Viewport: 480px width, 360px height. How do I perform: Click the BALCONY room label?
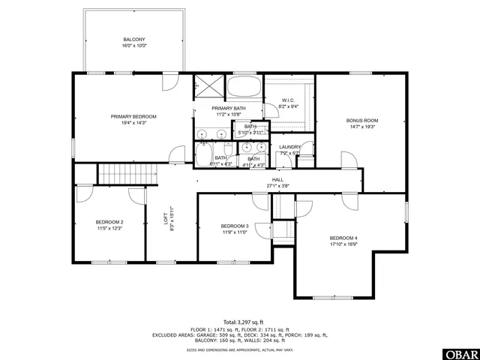[x=134, y=39]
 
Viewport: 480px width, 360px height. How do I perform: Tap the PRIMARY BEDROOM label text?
[x=133, y=116]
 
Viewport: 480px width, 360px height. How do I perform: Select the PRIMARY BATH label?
[x=228, y=109]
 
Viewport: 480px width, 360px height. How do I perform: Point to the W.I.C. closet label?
[x=288, y=100]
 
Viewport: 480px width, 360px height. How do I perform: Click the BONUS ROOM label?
[x=361, y=120]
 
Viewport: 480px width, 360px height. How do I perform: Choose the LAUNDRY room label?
[x=289, y=147]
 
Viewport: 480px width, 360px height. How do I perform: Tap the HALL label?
[x=277, y=180]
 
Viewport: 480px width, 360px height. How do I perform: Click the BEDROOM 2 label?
[x=109, y=222]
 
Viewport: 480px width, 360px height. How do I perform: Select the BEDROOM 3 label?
[x=235, y=226]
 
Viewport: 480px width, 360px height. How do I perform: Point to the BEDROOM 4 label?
[x=343, y=238]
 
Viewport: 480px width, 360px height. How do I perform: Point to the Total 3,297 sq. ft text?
[x=239, y=322]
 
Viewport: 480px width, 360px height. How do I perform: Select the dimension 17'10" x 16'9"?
[x=343, y=244]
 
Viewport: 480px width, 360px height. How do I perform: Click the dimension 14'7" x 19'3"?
[x=361, y=126]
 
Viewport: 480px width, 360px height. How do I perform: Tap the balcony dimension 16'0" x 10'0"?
[x=134, y=45]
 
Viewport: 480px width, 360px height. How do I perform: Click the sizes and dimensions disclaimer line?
[x=239, y=349]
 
